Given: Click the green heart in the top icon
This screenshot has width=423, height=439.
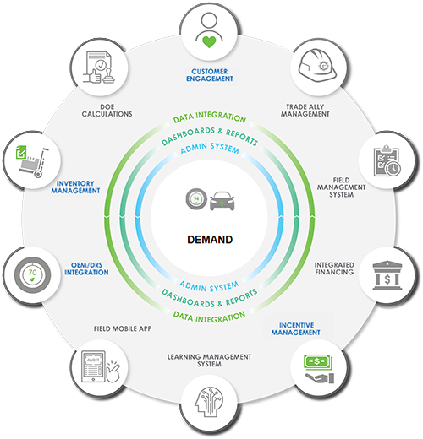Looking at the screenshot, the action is tap(209, 41).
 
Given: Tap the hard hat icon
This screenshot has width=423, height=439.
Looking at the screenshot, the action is tap(317, 65).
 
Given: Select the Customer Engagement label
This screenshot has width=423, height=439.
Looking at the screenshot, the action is tap(210, 75).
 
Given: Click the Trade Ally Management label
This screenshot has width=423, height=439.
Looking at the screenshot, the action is tap(305, 111).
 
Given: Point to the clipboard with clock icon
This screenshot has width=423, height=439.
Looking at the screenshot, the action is tap(387, 161).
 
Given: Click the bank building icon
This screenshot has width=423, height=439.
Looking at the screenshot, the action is tap(387, 275).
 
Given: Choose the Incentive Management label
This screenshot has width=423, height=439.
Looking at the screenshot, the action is tap(296, 328).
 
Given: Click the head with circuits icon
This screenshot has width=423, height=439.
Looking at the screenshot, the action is tap(209, 402).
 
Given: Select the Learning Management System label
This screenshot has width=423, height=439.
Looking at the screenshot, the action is tap(209, 360).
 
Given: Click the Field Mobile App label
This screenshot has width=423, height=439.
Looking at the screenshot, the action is tap(123, 328).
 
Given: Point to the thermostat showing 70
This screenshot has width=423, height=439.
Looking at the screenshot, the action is tap(33, 275).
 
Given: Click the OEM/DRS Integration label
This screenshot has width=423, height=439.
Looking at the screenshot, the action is tap(86, 268).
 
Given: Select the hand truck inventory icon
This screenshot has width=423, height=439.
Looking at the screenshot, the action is tap(32, 161).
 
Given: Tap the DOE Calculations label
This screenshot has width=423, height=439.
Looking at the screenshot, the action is tap(107, 111).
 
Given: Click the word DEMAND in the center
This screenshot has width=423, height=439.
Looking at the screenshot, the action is tap(210, 240).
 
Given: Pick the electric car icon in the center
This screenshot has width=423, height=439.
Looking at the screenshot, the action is tap(222, 201).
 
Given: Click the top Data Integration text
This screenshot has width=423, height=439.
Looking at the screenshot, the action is tap(210, 117).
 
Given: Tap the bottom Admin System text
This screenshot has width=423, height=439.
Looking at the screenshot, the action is tap(209, 286).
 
